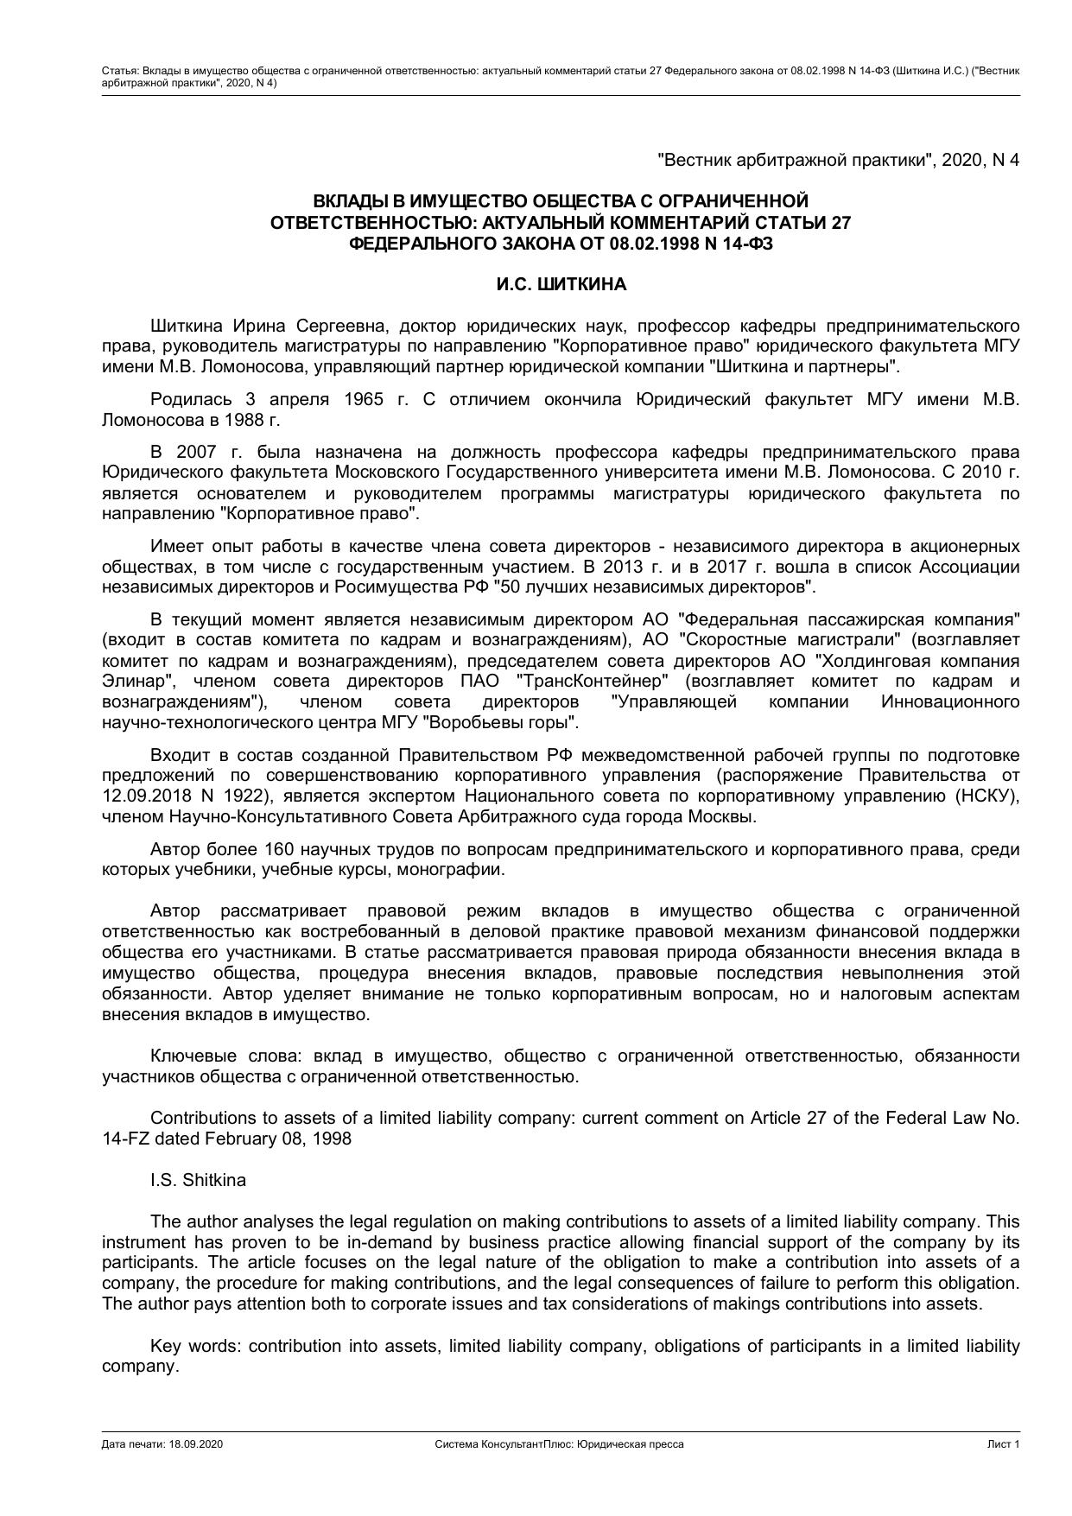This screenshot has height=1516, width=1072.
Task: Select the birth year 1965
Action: [x=364, y=399]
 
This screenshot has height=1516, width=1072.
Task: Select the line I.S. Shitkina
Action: [x=198, y=1180]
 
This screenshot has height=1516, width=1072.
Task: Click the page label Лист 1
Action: [x=1004, y=1444]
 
